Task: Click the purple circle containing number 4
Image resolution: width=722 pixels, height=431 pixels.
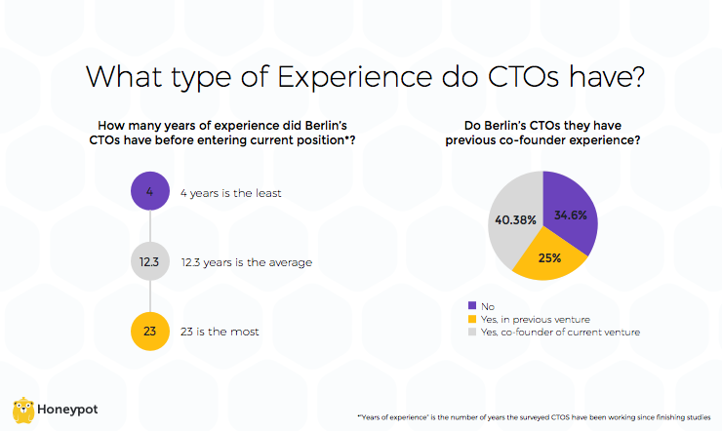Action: [x=149, y=192]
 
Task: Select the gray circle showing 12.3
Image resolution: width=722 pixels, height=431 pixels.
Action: [x=149, y=262]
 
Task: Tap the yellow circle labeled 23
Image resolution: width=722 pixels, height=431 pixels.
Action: [x=149, y=332]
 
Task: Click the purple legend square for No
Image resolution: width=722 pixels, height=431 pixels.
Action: [x=473, y=306]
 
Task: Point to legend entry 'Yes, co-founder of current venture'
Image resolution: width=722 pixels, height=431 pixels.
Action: [x=560, y=333]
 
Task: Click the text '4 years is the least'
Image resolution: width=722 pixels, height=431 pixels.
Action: [x=230, y=193]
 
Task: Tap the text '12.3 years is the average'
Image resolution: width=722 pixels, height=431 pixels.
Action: [x=246, y=263]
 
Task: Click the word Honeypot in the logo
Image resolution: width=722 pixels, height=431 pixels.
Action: [x=69, y=410]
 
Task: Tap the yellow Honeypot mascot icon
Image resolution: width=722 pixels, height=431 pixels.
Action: [x=24, y=410]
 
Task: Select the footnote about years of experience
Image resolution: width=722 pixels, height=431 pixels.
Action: [x=535, y=417]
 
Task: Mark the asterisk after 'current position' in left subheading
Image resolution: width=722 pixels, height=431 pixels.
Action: [x=351, y=139]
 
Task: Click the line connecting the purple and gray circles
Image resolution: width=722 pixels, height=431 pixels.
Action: [x=149, y=227]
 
